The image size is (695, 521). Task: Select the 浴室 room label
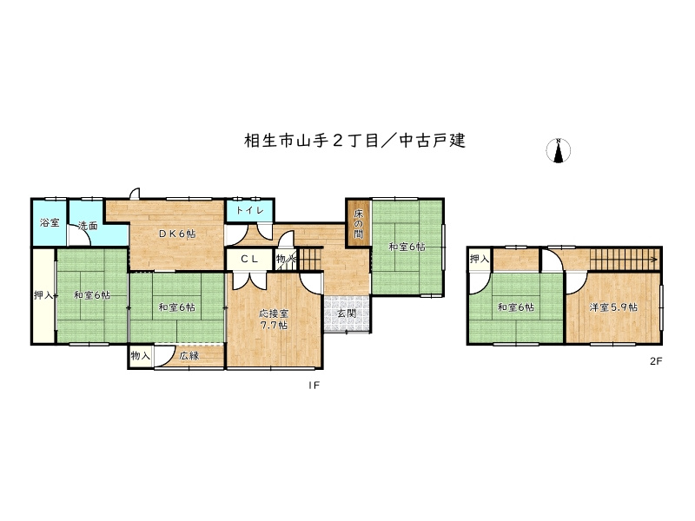50,223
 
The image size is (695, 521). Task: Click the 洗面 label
87,227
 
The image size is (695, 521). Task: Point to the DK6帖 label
176,234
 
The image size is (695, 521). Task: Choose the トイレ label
249,210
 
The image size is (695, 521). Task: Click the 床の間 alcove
358,222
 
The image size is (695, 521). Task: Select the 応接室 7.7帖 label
273,319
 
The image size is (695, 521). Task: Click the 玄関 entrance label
346,314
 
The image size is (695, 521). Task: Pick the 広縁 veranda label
189,355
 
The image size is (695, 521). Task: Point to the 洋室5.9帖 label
613,307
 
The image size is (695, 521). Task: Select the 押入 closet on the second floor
480,258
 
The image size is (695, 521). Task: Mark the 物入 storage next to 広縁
141,355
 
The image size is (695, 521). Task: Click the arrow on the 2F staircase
650,259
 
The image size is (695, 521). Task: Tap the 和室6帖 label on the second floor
516,307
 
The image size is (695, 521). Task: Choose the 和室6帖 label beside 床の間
407,247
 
